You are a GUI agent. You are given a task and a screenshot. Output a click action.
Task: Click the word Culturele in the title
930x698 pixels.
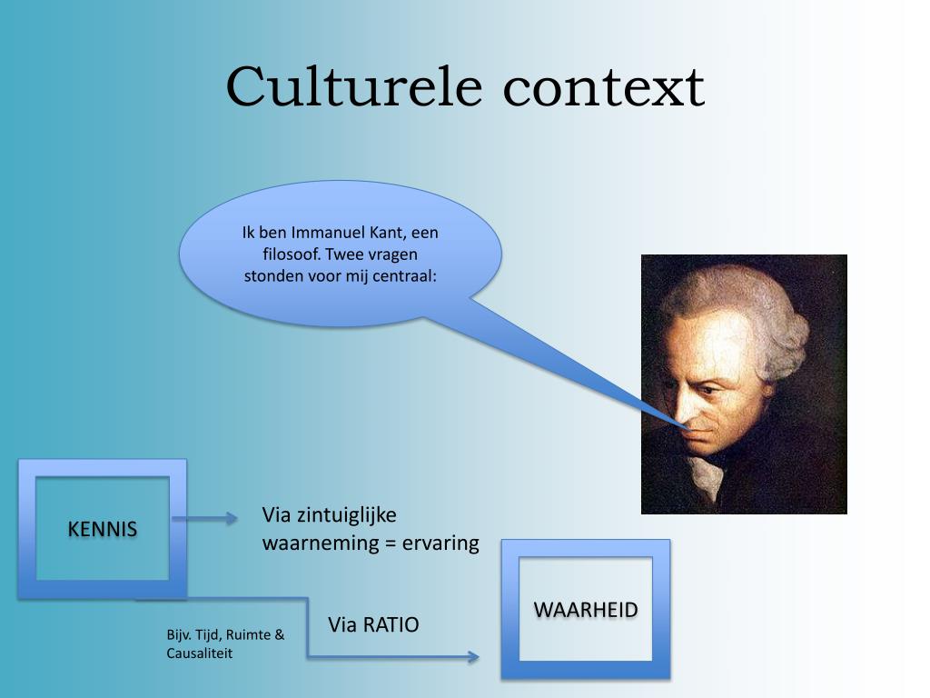point(353,87)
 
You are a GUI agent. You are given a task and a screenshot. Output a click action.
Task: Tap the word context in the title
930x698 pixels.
point(604,89)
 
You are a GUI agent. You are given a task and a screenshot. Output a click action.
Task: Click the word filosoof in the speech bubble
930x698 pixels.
point(292,254)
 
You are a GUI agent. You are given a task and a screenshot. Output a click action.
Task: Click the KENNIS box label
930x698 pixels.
point(103,529)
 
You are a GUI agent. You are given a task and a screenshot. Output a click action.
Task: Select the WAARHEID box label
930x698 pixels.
point(586,610)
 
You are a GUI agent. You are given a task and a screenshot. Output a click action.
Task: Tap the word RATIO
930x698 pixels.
point(391,624)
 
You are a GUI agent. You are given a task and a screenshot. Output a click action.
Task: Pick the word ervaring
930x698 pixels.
point(440,543)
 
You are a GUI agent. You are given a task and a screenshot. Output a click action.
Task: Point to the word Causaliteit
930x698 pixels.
point(199,653)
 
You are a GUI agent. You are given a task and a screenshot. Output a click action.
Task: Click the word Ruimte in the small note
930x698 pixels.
point(249,634)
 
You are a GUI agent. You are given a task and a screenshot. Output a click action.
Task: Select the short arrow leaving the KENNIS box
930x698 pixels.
point(204,519)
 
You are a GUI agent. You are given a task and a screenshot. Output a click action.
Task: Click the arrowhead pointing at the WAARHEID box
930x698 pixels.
point(473,656)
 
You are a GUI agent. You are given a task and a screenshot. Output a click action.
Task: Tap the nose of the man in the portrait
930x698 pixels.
point(688,415)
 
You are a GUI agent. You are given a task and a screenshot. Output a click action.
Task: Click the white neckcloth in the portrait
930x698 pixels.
point(706,478)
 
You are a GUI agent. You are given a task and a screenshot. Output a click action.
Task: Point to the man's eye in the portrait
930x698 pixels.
point(708,391)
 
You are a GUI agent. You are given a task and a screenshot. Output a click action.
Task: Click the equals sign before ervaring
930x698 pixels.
point(391,543)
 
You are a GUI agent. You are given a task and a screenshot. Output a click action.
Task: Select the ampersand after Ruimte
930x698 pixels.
point(280,634)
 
